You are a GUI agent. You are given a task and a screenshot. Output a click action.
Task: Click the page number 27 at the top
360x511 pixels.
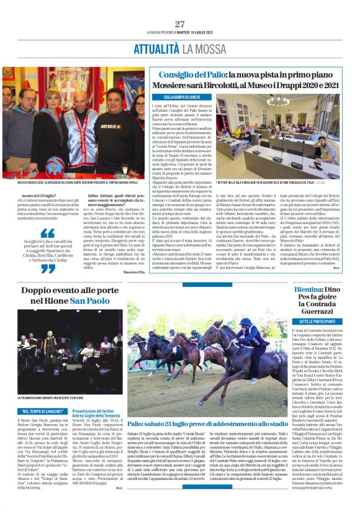click(179, 24)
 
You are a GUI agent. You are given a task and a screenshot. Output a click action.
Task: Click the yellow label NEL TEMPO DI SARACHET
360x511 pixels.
click(43, 410)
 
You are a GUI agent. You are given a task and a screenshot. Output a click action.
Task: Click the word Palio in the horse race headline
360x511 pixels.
click(137, 405)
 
